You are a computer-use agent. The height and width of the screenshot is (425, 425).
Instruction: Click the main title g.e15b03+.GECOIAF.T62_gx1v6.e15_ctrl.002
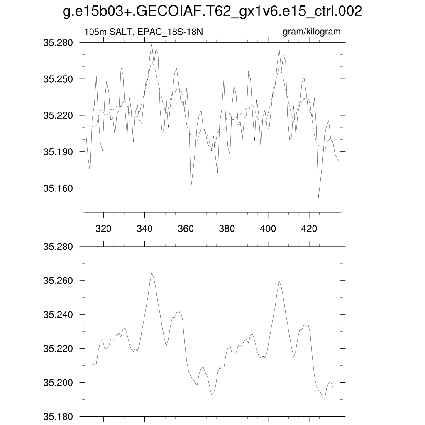[x=212, y=12]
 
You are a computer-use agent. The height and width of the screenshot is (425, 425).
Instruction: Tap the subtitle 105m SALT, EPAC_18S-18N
[x=144, y=32]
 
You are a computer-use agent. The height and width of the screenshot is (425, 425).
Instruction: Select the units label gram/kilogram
[x=311, y=32]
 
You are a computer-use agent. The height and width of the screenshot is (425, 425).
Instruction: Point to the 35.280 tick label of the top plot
[x=58, y=42]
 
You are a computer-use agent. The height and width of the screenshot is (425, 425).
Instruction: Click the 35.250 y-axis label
[x=58, y=79]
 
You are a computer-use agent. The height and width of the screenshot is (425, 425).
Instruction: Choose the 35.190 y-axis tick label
[x=58, y=152]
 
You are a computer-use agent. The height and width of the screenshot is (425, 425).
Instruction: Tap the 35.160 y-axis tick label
[x=58, y=188]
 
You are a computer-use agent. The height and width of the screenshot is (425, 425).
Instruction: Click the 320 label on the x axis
[x=103, y=228]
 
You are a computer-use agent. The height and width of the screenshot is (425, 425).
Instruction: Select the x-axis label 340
[x=144, y=228]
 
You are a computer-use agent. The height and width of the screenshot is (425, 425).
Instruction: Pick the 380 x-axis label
[x=227, y=228]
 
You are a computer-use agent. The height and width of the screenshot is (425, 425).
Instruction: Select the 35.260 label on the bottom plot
[x=58, y=281]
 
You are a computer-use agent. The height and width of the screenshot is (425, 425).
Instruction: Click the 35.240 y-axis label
[x=58, y=315]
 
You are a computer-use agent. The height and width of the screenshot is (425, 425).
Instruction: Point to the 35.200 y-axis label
[x=58, y=383]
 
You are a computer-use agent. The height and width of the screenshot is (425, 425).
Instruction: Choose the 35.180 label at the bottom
[x=58, y=416]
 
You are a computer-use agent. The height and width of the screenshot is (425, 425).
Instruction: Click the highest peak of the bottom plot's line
[x=151, y=273]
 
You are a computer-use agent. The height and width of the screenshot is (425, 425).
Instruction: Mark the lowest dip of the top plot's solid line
[x=318, y=197]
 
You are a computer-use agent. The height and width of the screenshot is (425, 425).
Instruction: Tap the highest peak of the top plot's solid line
[x=152, y=45]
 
